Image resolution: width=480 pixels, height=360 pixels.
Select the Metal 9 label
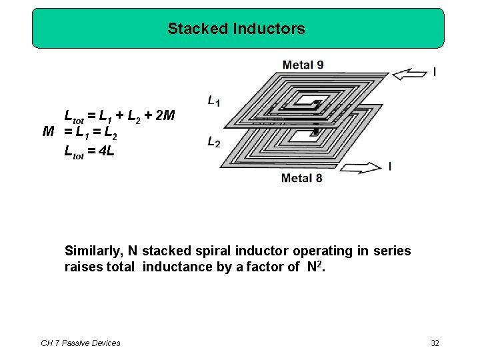tap(303, 65)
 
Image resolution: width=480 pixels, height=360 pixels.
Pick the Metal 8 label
tap(302, 177)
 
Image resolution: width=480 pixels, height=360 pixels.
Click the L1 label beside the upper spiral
tap(214, 101)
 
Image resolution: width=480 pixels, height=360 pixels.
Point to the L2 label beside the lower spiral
tap(214, 142)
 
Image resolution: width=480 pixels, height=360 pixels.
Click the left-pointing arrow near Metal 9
tap(409, 74)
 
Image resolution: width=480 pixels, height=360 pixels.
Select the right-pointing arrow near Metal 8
tap(359, 167)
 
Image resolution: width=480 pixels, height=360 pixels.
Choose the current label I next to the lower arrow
tap(389, 165)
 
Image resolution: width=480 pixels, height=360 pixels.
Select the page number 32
tap(435, 343)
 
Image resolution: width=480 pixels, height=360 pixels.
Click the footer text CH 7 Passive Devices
tap(81, 343)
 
